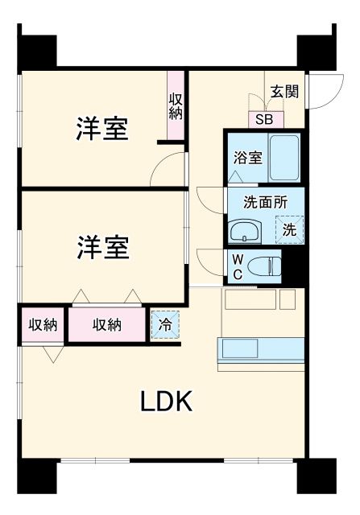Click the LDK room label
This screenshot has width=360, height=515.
168,400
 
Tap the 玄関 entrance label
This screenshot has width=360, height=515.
284,91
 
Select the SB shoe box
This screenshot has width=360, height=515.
264,118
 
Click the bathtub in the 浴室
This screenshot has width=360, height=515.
284,158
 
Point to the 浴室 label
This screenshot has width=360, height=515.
247,158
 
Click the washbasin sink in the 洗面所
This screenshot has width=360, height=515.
244,233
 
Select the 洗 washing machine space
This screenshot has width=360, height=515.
289,229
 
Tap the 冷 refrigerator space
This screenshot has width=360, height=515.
164,326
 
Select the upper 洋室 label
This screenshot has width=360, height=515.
102,129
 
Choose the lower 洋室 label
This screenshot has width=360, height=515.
102,247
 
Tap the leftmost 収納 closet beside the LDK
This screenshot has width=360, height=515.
43,325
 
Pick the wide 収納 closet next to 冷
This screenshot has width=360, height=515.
106,325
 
